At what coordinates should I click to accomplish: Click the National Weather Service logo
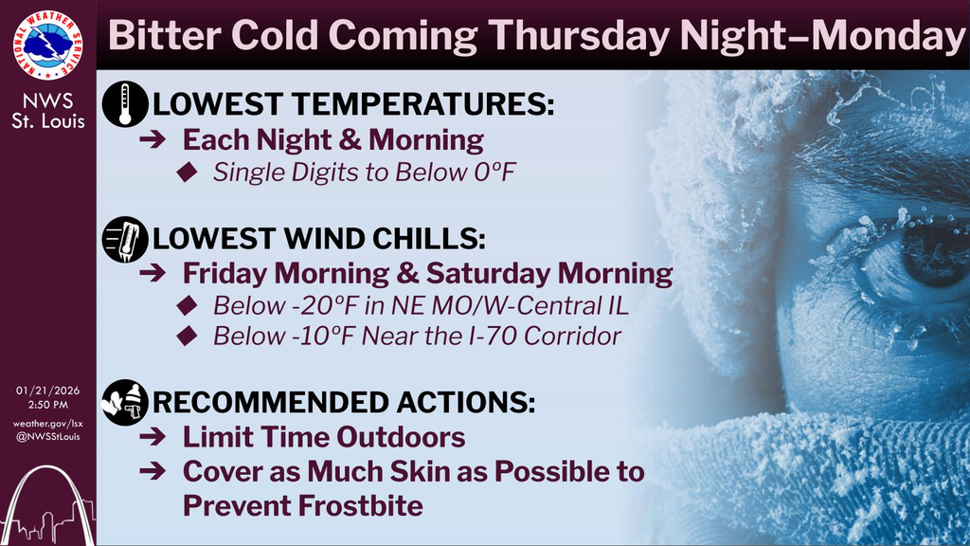[47, 45]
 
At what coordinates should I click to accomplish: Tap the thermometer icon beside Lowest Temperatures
[125, 104]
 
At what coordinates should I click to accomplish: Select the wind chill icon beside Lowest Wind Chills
[125, 239]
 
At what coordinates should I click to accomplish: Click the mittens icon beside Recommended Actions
[125, 402]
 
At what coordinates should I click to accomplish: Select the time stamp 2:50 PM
[47, 405]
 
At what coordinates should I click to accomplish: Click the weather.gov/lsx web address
[47, 423]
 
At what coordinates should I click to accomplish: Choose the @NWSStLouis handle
[47, 437]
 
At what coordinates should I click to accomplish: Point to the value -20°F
[301, 307]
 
